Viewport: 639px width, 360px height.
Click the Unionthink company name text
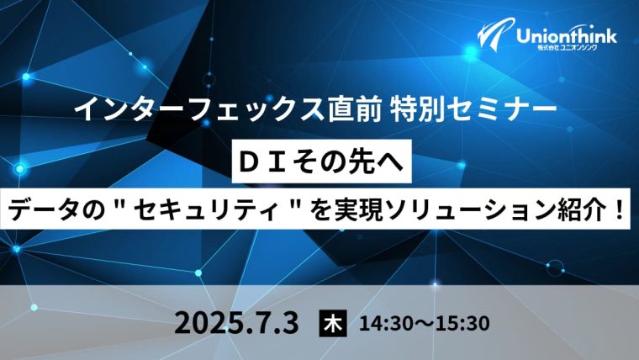pos(567,36)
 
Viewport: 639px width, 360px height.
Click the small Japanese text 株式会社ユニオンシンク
pos(567,48)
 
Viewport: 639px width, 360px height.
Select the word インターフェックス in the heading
pos(199,109)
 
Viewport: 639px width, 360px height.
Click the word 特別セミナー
pos(473,109)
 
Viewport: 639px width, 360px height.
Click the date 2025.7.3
pos(237,323)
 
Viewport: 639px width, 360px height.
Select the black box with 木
pos(333,323)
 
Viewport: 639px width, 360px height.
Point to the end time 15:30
pos(462,324)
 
